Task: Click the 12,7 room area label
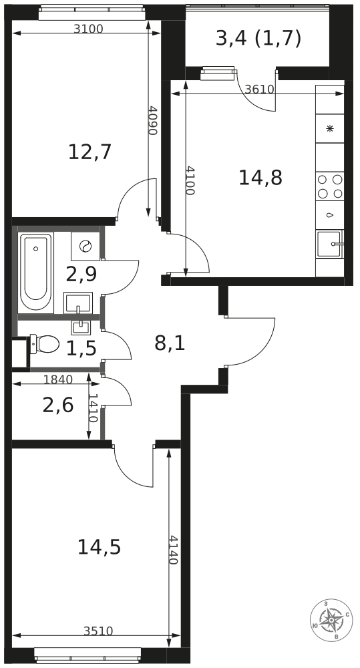(x=90, y=152)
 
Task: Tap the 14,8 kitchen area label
(x=260, y=178)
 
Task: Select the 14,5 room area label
(x=100, y=547)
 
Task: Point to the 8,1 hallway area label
(x=170, y=343)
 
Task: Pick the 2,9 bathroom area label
(x=81, y=275)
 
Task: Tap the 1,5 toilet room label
(x=81, y=349)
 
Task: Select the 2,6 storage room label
(x=58, y=405)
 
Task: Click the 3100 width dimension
(x=89, y=29)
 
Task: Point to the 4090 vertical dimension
(x=153, y=120)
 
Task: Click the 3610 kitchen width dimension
(x=259, y=90)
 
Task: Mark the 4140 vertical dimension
(x=172, y=550)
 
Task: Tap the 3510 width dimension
(x=98, y=631)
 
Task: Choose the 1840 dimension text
(x=58, y=379)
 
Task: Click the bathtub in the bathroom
(x=36, y=271)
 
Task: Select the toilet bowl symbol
(x=44, y=344)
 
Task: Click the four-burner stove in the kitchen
(x=330, y=186)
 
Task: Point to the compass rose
(x=331, y=621)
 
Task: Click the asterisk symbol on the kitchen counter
(x=330, y=129)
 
